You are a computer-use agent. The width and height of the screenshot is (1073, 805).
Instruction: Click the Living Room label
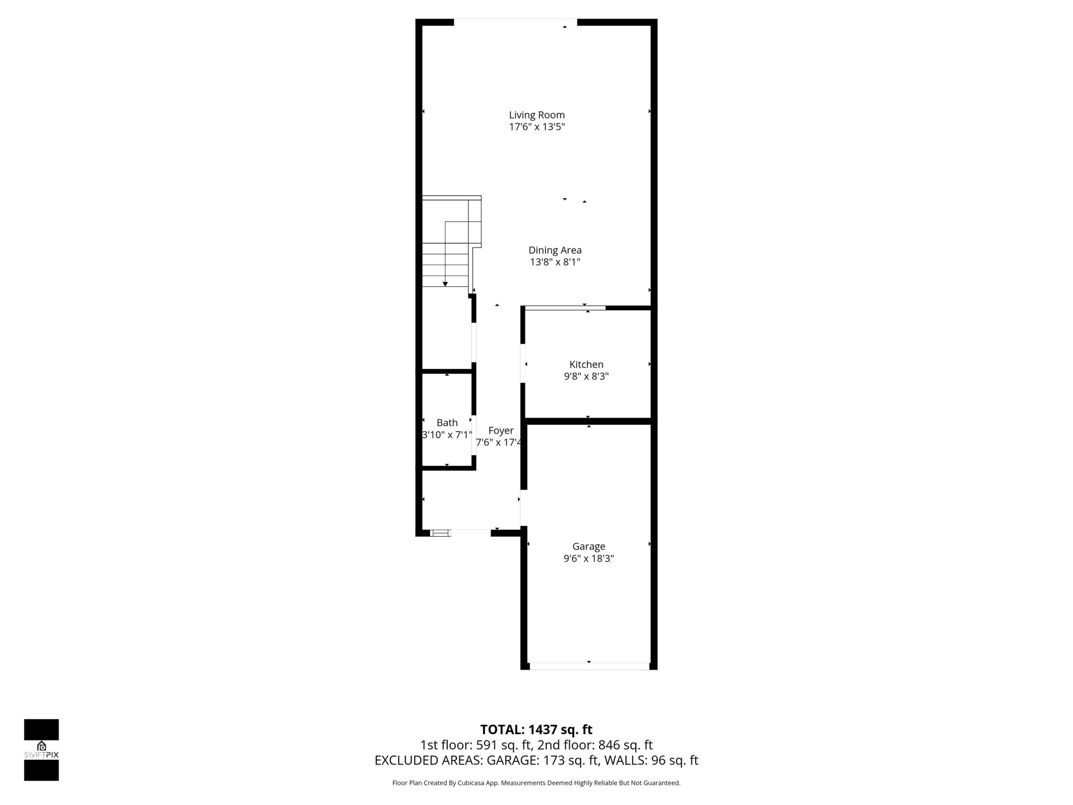pyautogui.click(x=536, y=115)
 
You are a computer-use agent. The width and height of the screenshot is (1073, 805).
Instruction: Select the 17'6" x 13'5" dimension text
pyautogui.click(x=536, y=127)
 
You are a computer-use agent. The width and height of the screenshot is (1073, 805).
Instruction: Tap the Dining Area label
pyautogui.click(x=554, y=250)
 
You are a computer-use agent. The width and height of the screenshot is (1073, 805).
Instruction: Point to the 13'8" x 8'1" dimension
pyautogui.click(x=554, y=262)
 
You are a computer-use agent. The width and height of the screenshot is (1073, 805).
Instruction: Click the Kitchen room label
pyautogui.click(x=586, y=364)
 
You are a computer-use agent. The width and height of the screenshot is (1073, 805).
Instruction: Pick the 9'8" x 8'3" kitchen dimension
pyautogui.click(x=586, y=376)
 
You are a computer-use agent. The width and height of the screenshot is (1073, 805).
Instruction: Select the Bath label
pyautogui.click(x=447, y=423)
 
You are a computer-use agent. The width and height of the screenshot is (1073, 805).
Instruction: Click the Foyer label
pyautogui.click(x=501, y=430)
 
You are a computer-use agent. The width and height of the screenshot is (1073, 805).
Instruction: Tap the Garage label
pyautogui.click(x=588, y=546)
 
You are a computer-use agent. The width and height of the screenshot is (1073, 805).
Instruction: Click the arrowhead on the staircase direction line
pyautogui.click(x=445, y=284)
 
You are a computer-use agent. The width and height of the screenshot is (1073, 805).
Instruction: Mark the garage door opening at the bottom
pyautogui.click(x=589, y=666)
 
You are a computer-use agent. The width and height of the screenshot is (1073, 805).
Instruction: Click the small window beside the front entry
pyautogui.click(x=440, y=533)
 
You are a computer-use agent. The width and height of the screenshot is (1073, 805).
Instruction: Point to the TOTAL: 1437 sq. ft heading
pyautogui.click(x=536, y=730)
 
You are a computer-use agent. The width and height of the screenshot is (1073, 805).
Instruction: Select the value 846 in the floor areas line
pyautogui.click(x=608, y=745)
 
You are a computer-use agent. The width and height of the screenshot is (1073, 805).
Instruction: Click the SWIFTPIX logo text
pyautogui.click(x=41, y=755)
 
